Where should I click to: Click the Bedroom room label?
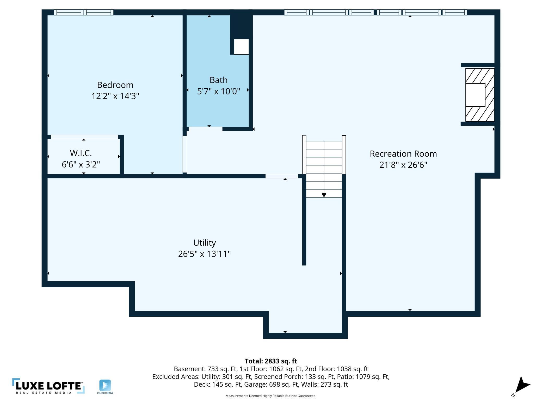click(x=115, y=85)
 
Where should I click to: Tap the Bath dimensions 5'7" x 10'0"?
click(x=218, y=91)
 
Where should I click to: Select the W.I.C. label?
click(x=81, y=153)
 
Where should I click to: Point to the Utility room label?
click(x=205, y=243)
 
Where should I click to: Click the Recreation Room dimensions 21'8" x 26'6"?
click(x=403, y=165)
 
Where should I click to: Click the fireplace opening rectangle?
click(x=475, y=95)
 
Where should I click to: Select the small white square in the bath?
click(x=241, y=47)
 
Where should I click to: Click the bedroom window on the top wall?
click(x=84, y=12)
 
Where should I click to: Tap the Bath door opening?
click(x=205, y=129)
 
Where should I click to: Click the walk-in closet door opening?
click(x=84, y=137)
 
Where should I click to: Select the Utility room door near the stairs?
click(x=282, y=176)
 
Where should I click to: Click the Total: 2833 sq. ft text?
click(x=271, y=361)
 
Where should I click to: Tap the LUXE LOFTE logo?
click(x=48, y=386)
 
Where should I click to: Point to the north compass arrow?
click(x=521, y=386)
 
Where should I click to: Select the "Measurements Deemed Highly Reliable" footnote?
click(x=271, y=396)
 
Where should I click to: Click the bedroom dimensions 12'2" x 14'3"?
click(x=115, y=96)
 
